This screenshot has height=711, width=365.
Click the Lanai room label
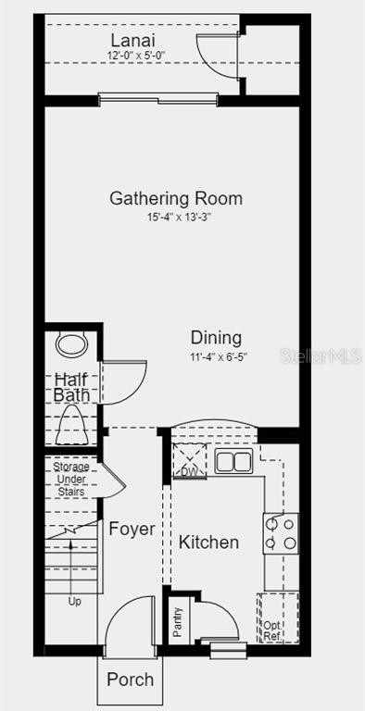[x=133, y=41]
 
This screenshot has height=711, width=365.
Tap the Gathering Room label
[x=176, y=199]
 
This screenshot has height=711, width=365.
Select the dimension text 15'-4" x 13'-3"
[x=180, y=218]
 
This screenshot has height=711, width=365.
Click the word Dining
[x=216, y=338]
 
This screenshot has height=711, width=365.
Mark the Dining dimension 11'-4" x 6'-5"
[x=219, y=356]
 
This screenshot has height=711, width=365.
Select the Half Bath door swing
[x=122, y=381]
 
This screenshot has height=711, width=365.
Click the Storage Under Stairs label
[x=70, y=479]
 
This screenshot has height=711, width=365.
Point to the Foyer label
[x=132, y=529]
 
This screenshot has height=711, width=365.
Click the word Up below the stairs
[x=74, y=602]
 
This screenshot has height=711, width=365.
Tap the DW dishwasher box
[x=190, y=460]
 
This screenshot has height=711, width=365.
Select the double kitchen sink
[x=233, y=461]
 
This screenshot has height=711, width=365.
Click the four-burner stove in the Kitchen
[x=281, y=533]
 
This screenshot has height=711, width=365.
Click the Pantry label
[x=178, y=622]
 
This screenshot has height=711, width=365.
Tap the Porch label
[x=131, y=680]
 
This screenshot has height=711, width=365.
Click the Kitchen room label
[x=208, y=543]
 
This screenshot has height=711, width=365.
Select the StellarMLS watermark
[x=321, y=355]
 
